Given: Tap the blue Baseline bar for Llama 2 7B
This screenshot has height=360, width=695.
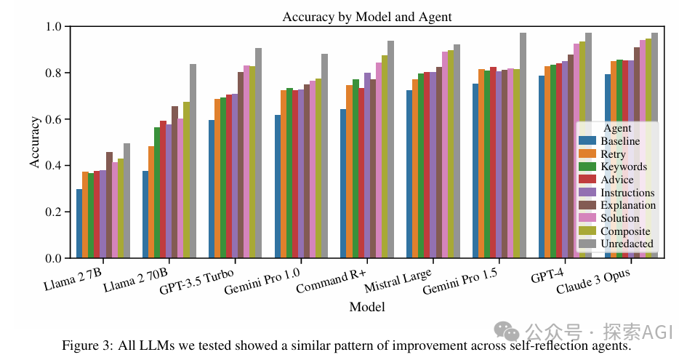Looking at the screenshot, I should click(x=79, y=224).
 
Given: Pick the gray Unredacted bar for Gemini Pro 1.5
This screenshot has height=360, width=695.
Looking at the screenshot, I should click(x=522, y=145).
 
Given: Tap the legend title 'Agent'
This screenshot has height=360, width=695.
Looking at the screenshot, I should click(x=617, y=128).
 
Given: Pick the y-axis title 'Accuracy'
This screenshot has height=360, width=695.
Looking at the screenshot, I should click(x=34, y=143).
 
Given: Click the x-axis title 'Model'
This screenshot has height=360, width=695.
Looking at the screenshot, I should click(x=366, y=307).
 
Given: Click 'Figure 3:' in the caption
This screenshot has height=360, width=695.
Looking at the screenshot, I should click(x=84, y=345).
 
